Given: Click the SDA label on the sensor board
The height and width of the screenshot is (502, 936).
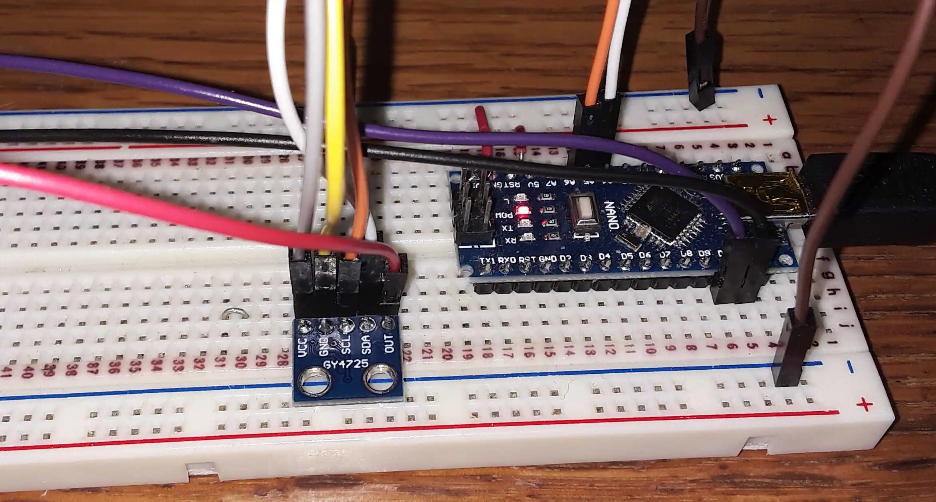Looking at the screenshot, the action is (367, 345).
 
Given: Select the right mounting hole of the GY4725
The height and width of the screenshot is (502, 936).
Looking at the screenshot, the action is (381, 378).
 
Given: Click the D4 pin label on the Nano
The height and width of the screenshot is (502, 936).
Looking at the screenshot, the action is (605, 257).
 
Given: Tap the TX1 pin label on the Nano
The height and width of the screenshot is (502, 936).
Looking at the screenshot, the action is (487, 260).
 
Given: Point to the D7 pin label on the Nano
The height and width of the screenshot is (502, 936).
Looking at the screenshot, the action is (665, 255).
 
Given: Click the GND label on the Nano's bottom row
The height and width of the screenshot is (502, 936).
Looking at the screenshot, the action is (547, 259).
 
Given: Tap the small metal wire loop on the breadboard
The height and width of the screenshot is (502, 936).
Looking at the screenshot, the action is (236, 314).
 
